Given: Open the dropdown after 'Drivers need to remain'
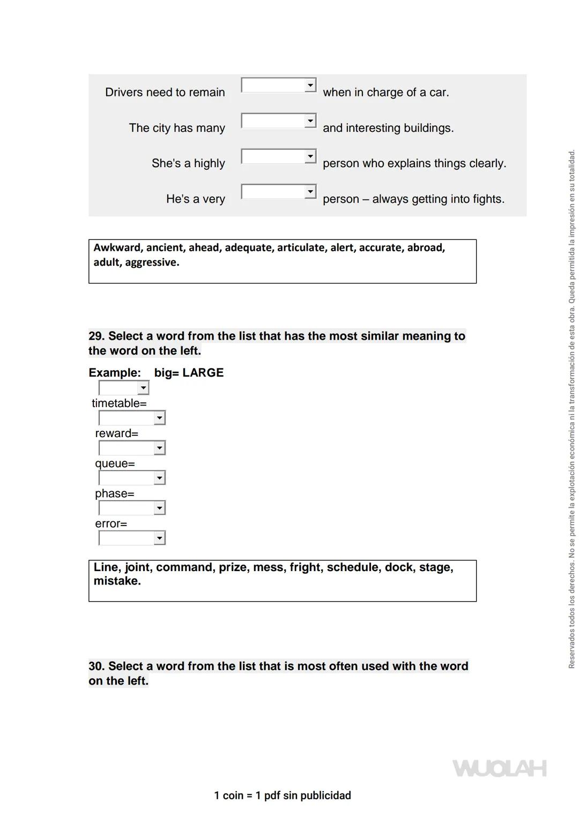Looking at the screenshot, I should tap(279, 85).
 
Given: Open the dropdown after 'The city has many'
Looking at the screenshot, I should tap(279, 121).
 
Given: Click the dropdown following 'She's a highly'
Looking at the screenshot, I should tap(279, 156).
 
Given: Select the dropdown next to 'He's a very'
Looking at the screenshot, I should tap(279, 192).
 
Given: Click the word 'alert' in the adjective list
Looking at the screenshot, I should tap(342, 247).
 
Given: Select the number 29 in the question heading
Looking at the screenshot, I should tap(96, 336).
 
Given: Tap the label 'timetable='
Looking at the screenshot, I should tap(119, 403).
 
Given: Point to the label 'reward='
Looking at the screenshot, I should tap(116, 433).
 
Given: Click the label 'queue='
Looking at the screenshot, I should tap(115, 463).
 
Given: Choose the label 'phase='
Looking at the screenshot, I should tap(115, 493).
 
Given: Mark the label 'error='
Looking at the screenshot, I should tap(111, 524).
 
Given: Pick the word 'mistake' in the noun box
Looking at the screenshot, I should tap(116, 581).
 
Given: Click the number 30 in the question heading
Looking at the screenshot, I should tap(96, 666).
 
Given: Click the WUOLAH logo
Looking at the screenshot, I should tap(500, 768).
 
